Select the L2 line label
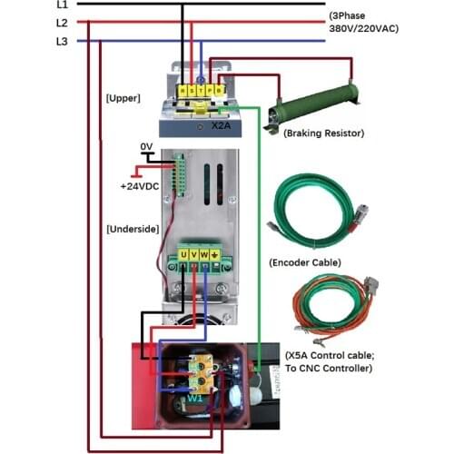[x=62, y=23]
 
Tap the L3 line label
[x=62, y=41]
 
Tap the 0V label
[x=146, y=147]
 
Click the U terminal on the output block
[x=183, y=255]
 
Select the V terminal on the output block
[x=194, y=255]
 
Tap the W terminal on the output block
[x=205, y=255]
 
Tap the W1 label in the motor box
[x=195, y=397]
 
